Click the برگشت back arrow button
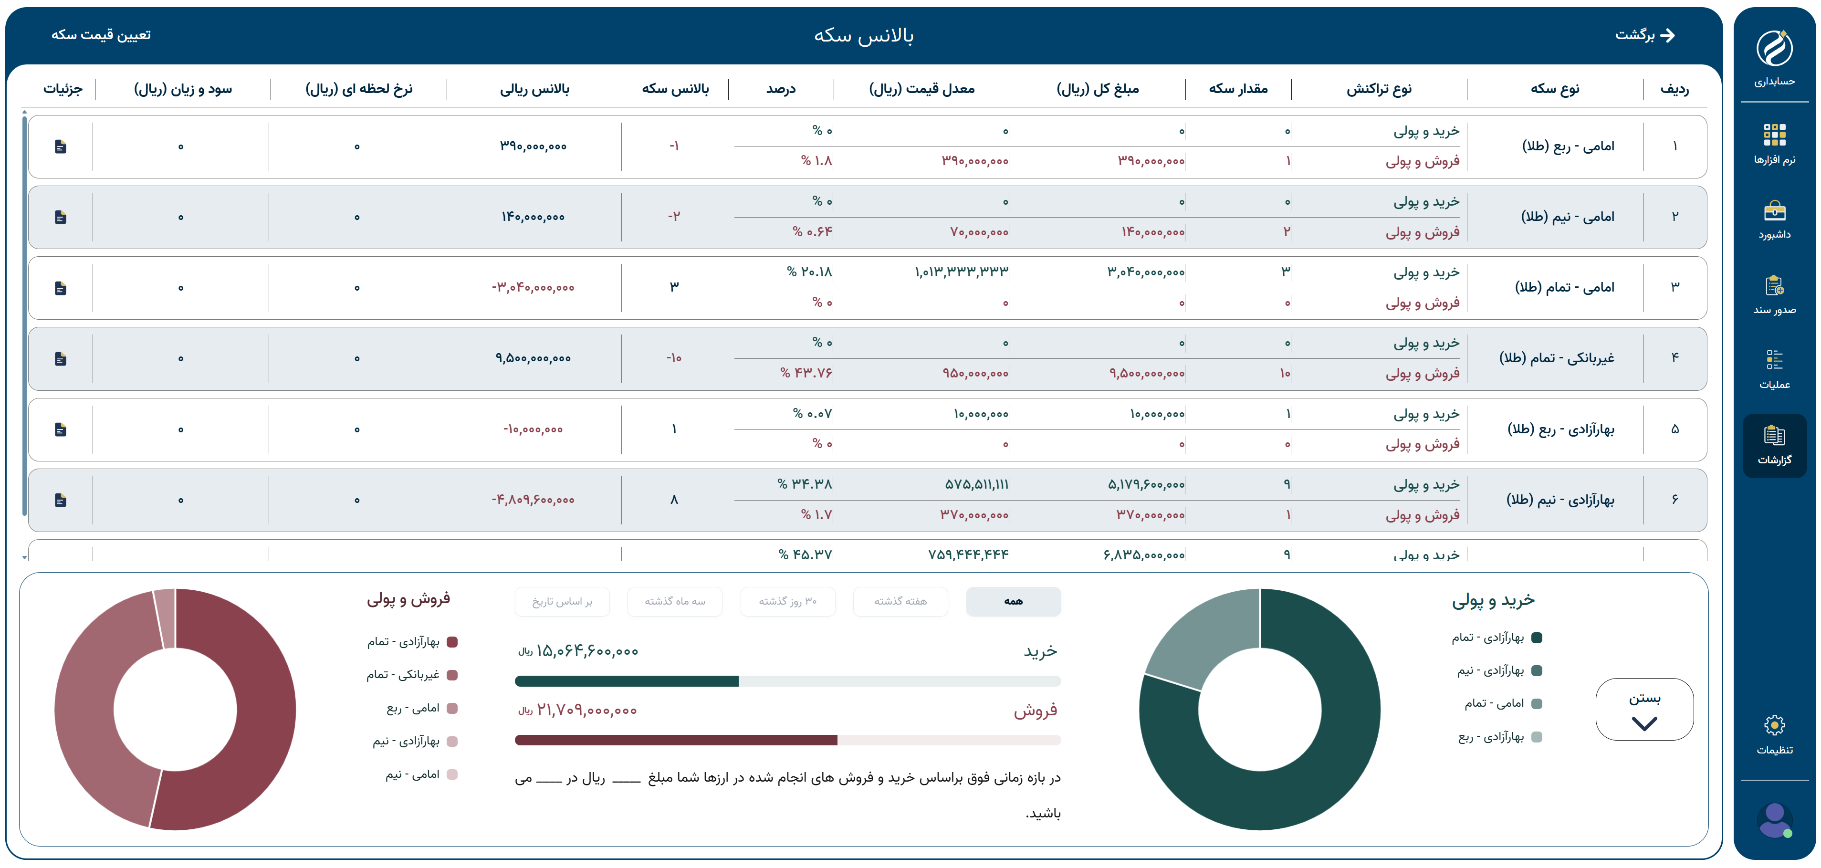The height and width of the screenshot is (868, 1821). click(1645, 35)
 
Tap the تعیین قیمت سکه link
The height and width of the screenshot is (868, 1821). click(101, 35)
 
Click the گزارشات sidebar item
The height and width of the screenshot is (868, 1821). click(1774, 445)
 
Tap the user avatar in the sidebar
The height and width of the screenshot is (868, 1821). click(1774, 820)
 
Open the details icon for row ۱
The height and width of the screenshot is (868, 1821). click(61, 146)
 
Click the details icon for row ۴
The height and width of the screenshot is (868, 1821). click(61, 359)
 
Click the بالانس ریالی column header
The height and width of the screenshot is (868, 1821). click(534, 89)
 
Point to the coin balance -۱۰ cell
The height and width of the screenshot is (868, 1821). click(674, 358)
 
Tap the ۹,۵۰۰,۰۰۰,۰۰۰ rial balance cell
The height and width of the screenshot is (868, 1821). click(533, 358)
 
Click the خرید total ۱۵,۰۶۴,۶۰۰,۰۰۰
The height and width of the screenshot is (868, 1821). click(587, 651)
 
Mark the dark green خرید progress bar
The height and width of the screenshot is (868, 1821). click(626, 681)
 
